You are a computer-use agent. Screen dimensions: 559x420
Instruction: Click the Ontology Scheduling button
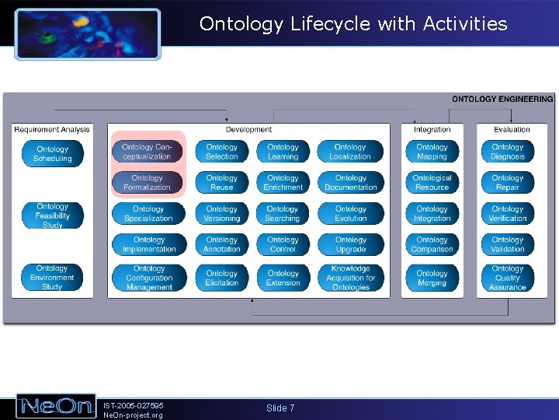(x=52, y=154)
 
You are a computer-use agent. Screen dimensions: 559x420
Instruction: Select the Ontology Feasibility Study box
(x=52, y=216)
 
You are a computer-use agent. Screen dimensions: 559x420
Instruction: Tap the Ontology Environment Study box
(x=52, y=278)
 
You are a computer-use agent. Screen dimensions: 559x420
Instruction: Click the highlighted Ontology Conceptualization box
(x=147, y=152)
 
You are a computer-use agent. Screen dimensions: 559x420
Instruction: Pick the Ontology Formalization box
(x=147, y=183)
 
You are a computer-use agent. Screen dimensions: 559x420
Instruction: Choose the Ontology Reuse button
(x=221, y=183)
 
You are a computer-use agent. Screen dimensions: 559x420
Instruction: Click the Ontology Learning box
(x=283, y=152)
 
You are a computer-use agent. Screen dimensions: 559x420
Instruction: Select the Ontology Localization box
(x=350, y=152)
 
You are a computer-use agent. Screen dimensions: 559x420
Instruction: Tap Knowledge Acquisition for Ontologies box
(x=350, y=278)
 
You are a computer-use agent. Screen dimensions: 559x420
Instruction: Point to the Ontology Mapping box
(x=432, y=152)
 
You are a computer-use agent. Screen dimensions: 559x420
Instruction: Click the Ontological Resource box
(x=432, y=183)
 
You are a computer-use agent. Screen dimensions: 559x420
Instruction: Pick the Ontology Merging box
(x=432, y=278)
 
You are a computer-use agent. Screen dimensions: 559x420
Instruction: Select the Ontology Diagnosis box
(x=507, y=152)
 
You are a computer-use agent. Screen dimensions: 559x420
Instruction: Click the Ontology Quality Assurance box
(x=507, y=278)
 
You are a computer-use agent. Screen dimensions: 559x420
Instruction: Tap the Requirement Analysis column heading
(x=52, y=130)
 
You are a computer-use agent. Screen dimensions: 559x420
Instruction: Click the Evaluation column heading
(x=512, y=130)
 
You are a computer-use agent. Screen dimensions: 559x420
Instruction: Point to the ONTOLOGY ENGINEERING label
(x=502, y=100)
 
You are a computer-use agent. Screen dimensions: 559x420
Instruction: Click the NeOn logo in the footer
(x=56, y=407)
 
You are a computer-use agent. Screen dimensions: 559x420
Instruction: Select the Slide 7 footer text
(x=280, y=408)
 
